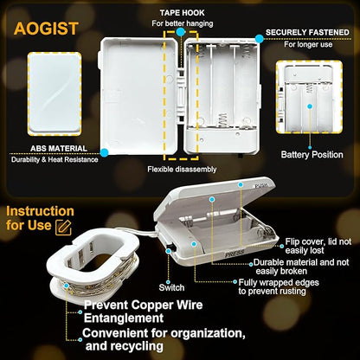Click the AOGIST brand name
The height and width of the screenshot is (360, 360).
[46, 29]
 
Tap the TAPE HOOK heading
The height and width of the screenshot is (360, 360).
[182, 13]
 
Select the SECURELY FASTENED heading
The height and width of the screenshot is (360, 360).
[307, 32]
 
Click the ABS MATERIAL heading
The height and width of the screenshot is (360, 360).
[59, 149]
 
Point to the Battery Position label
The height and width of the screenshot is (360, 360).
[312, 155]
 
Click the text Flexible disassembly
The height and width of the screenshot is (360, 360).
[182, 169]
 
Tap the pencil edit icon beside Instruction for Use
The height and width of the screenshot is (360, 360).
[63, 228]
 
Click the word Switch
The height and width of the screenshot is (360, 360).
[171, 287]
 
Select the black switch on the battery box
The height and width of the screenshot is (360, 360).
[170, 247]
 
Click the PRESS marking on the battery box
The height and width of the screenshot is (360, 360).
[235, 254]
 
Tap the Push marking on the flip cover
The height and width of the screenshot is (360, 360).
[261, 186]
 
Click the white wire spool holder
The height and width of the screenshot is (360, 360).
[93, 265]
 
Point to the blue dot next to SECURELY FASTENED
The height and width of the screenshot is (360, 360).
[260, 39]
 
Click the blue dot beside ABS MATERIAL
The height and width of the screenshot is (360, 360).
[104, 152]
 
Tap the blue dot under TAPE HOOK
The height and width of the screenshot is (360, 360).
[181, 32]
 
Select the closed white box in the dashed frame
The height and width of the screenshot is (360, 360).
[55, 93]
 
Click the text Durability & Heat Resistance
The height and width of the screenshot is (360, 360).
[55, 159]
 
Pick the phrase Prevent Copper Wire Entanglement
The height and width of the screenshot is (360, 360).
[143, 312]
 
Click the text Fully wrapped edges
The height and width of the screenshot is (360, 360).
[279, 282]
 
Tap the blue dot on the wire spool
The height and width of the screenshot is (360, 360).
[67, 286]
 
